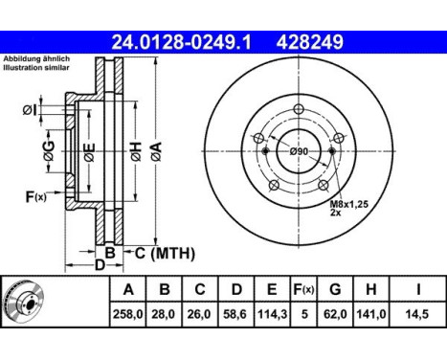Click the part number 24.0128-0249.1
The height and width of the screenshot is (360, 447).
[x=181, y=42]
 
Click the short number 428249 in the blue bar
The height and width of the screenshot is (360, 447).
[x=310, y=42]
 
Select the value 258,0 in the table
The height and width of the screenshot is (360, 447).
[x=127, y=314]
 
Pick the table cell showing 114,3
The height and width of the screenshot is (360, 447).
[x=272, y=314]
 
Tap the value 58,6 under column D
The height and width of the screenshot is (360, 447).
[x=236, y=314]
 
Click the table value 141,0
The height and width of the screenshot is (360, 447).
[x=370, y=314]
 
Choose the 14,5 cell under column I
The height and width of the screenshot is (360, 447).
[x=417, y=314]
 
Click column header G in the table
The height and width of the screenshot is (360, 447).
[x=335, y=289]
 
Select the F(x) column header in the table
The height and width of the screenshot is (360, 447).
[x=303, y=289]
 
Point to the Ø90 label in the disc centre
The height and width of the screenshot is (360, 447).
[x=299, y=151]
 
